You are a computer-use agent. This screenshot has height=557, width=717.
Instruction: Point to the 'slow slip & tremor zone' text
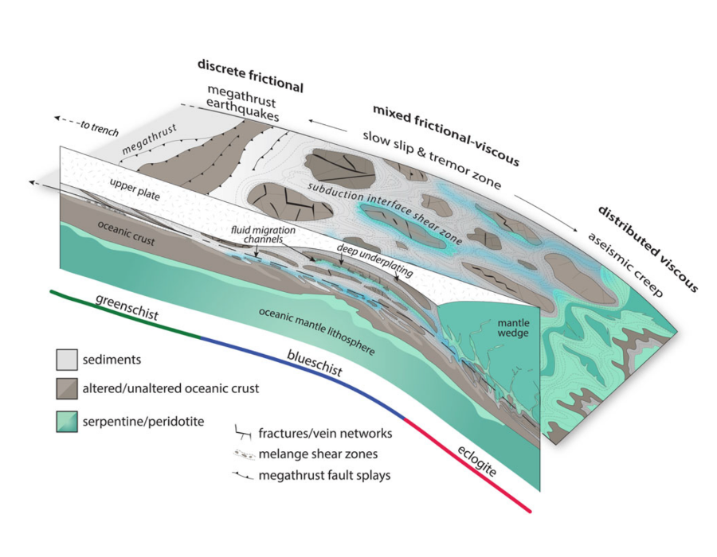coord(431,160)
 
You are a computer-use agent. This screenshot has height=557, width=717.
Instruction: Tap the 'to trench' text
coord(99,125)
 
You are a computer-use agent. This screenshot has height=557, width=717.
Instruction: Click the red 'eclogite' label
coord(478,458)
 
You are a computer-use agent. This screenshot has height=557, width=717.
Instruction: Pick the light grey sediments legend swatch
coord(66,360)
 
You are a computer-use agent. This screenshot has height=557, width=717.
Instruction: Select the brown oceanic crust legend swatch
coord(66,388)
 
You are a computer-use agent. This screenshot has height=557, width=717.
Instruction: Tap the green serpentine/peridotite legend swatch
coord(66,422)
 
